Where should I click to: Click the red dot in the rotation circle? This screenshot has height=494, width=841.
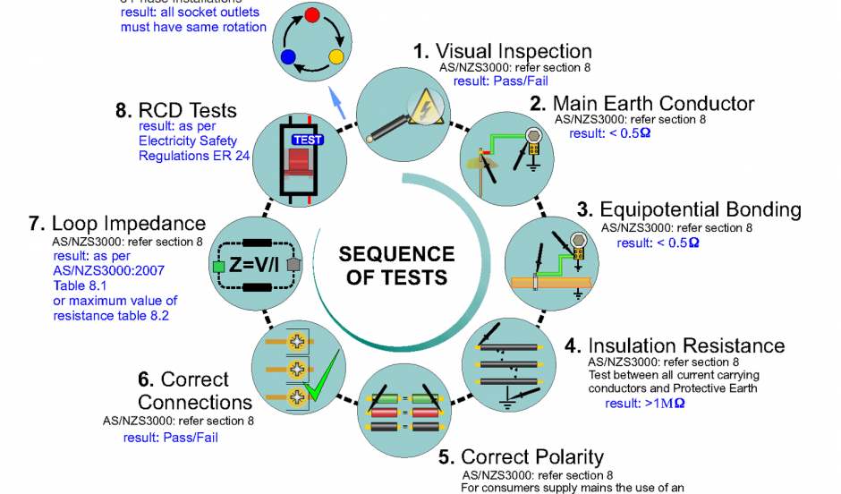(311, 15)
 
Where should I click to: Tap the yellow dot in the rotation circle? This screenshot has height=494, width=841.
(336, 57)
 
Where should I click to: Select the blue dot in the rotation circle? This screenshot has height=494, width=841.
(287, 57)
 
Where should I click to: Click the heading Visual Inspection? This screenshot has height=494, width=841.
(502, 51)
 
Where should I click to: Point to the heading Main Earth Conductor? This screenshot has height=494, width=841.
(641, 103)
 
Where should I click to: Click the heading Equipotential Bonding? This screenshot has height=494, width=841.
(689, 209)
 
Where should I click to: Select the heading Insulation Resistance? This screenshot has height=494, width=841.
(674, 345)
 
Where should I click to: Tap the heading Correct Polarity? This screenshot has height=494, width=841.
(521, 458)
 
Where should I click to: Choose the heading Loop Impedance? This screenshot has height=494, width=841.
(117, 223)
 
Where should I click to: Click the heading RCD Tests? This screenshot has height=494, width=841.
(176, 111)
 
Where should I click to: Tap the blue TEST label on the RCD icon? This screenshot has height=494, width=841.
(307, 140)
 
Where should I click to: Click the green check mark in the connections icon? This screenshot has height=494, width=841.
(320, 380)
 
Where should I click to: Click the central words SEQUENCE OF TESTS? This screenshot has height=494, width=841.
(396, 266)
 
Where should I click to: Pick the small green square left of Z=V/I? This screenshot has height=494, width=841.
(217, 266)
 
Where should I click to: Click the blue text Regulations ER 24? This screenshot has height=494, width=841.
(194, 155)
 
